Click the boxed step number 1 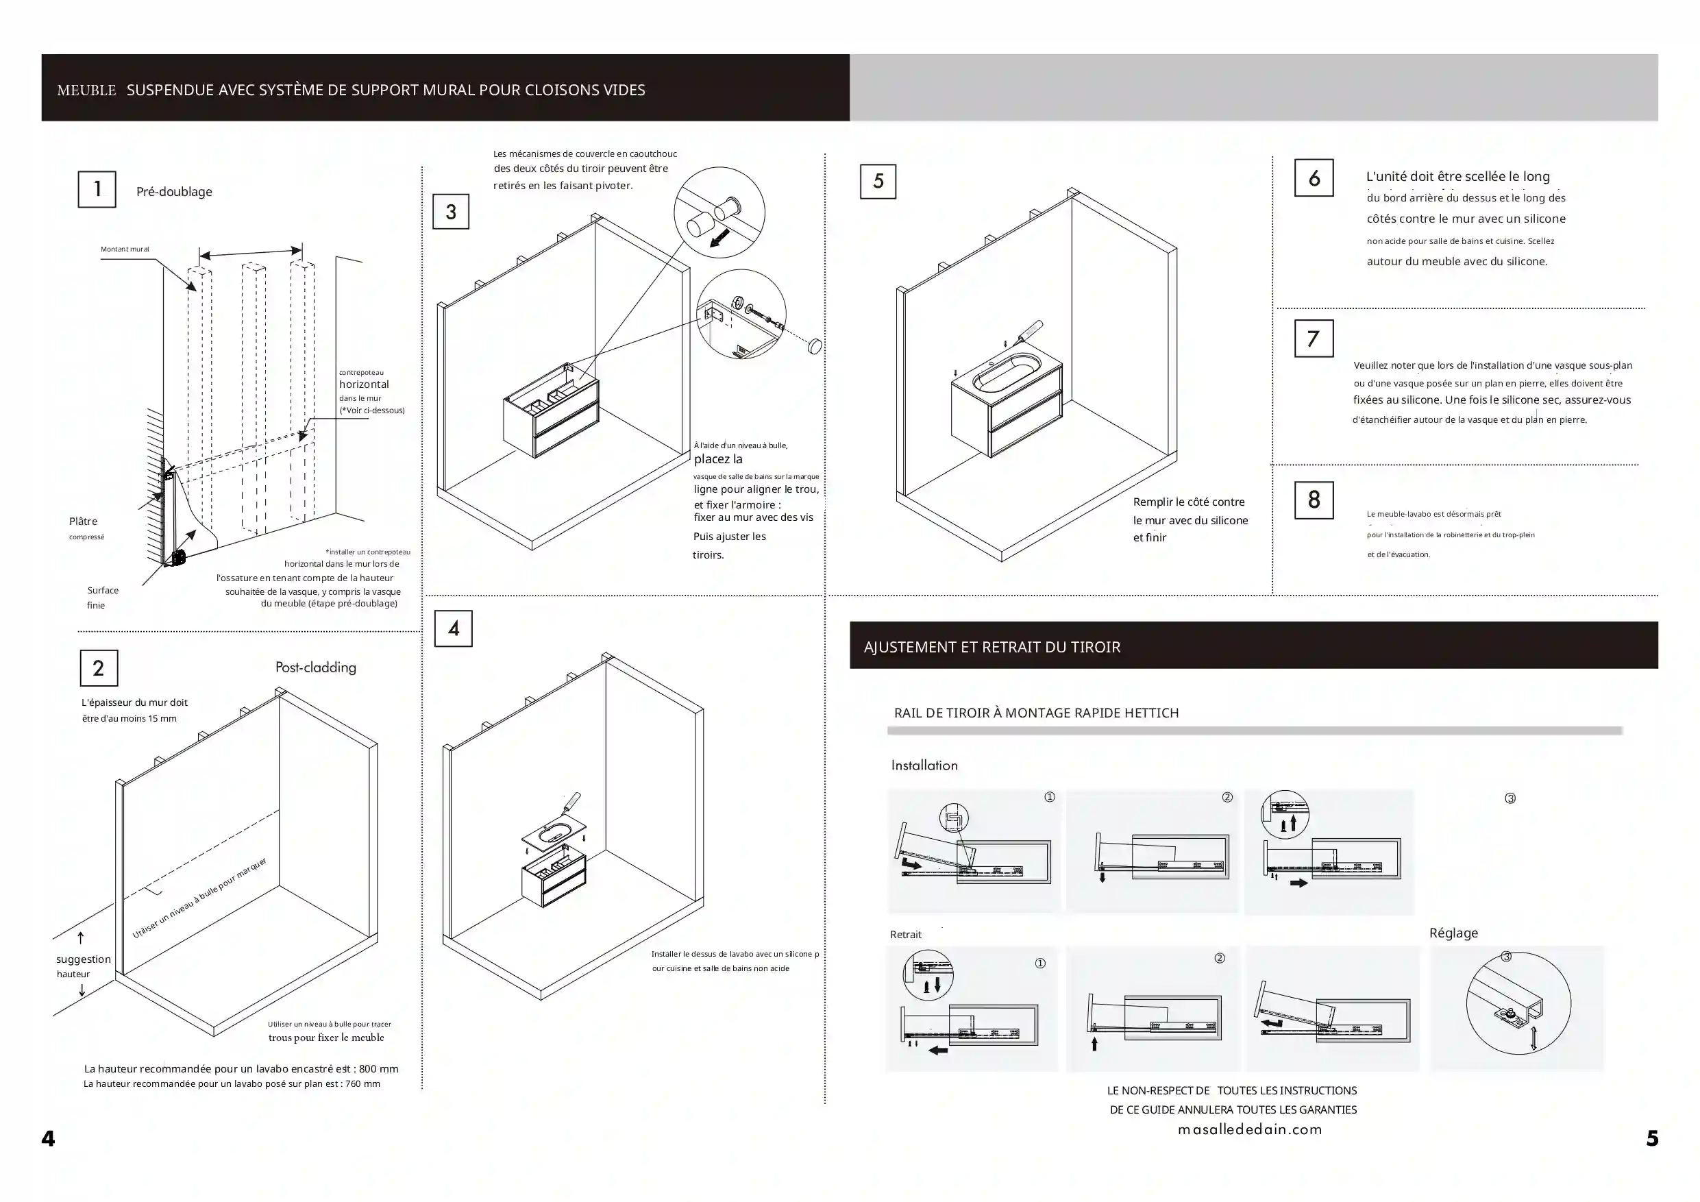pos(97,190)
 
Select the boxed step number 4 pos(453,629)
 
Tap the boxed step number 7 pos(1314,339)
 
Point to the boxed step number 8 pos(1314,500)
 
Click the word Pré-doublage pos(174,192)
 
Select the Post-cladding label pos(315,667)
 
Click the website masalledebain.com pos(1250,1129)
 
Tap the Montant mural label pos(125,249)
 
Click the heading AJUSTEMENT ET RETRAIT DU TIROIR pos(991,648)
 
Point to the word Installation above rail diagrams pos(924,765)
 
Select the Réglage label pos(1453,933)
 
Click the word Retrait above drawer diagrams pos(906,935)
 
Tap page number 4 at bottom pos(48,1138)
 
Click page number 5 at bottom pos(1652,1138)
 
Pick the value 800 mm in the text pos(378,1068)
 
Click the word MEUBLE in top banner pos(86,90)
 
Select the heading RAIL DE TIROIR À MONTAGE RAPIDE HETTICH pos(1036,713)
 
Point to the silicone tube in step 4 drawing pos(573,801)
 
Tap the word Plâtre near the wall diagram pos(83,522)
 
